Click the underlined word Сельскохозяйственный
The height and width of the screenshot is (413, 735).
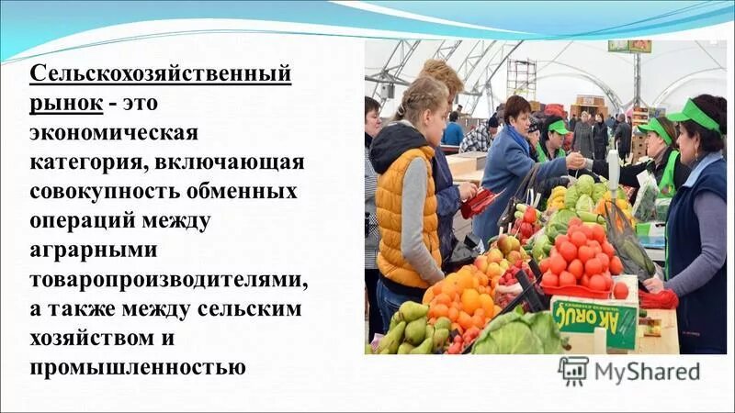point(162,73)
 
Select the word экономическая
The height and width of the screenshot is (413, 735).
point(113,132)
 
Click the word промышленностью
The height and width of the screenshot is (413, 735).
point(138,369)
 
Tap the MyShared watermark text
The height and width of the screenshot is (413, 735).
point(646,373)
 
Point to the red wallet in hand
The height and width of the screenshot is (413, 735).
point(474,203)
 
